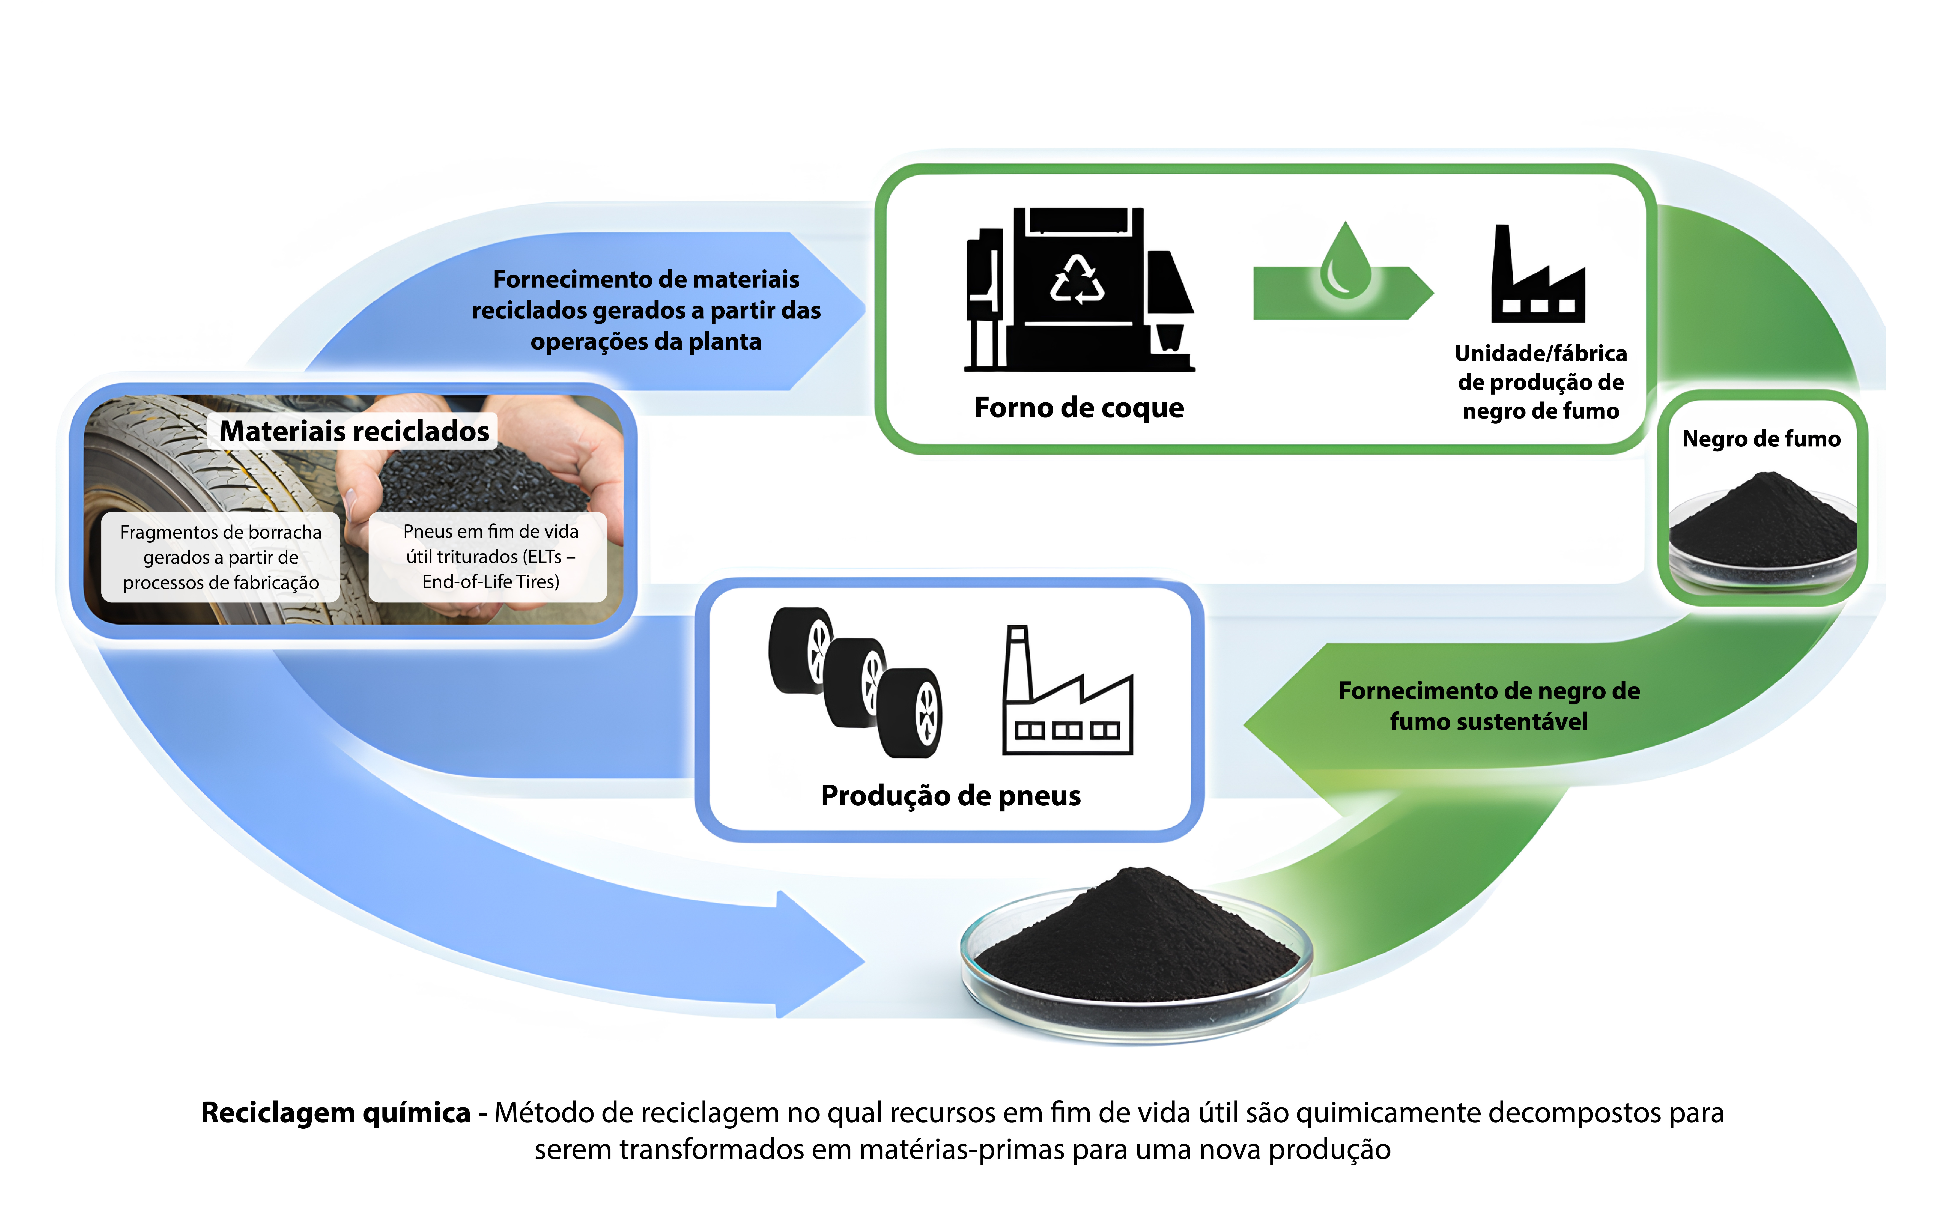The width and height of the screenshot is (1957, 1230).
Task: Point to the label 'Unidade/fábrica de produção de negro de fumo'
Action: pyautogui.click(x=1540, y=382)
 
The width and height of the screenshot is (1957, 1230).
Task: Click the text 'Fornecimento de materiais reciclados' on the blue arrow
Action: pyautogui.click(x=646, y=310)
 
